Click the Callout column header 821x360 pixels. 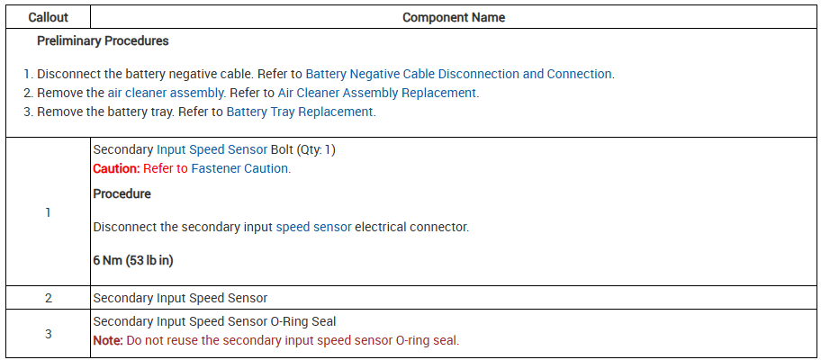tap(47, 17)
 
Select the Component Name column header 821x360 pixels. tap(453, 17)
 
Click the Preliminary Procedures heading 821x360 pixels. tap(103, 40)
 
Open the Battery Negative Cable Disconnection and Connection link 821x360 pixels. tap(458, 74)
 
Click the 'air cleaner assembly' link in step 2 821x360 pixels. tap(166, 93)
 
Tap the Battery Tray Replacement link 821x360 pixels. tap(299, 112)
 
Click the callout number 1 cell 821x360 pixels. tap(47, 212)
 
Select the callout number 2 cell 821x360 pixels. tap(47, 298)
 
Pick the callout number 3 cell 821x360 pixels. tap(47, 333)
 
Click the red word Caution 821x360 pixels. tap(116, 168)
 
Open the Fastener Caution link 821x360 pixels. tap(240, 168)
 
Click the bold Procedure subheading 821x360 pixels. tap(122, 193)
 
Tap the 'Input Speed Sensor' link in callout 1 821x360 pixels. tap(212, 149)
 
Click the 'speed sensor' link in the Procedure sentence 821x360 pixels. tap(313, 227)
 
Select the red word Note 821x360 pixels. tap(108, 340)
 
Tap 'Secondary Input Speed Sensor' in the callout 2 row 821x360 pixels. tap(180, 298)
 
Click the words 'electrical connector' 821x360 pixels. tap(411, 227)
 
